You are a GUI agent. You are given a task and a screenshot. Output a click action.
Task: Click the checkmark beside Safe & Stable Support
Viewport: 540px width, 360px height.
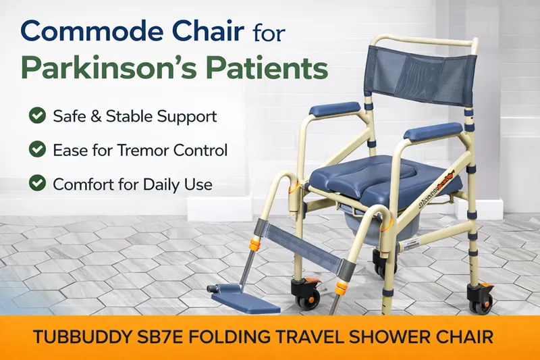pos(37,116)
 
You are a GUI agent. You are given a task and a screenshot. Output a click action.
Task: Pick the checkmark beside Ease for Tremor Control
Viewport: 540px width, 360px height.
pos(37,150)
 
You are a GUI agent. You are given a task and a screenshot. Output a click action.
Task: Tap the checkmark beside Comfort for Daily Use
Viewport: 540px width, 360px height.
pos(37,184)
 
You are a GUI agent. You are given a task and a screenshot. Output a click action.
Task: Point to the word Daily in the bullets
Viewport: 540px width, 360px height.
pos(161,184)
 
